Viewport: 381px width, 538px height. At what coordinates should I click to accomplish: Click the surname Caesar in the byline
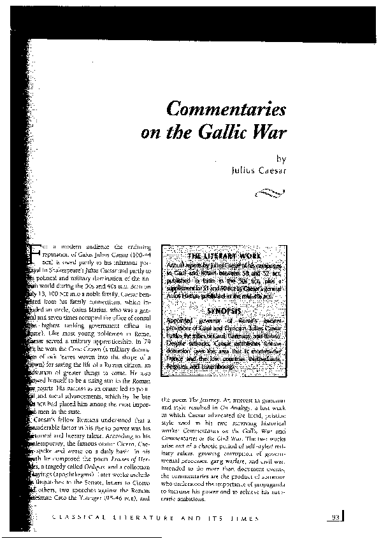272,171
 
